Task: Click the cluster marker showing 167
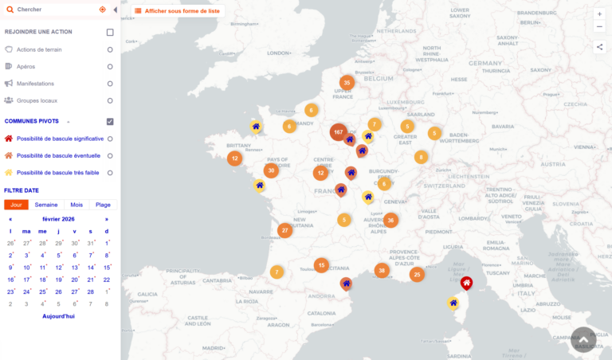(339, 132)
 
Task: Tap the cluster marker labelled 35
(347, 83)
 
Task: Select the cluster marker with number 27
(284, 231)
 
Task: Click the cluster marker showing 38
(382, 271)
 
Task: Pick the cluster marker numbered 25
(417, 275)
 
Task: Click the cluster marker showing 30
(272, 170)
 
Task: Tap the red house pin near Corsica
(467, 283)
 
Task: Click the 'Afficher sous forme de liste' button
(178, 10)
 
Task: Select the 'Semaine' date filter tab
(46, 205)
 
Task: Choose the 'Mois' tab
(76, 205)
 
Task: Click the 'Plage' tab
(104, 205)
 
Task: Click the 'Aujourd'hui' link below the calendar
(59, 316)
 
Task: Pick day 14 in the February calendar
(91, 268)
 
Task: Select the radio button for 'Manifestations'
(110, 84)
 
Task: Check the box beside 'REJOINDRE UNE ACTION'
(110, 33)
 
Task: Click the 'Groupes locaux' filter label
(37, 100)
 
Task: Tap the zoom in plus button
(599, 14)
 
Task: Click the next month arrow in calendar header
(107, 219)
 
